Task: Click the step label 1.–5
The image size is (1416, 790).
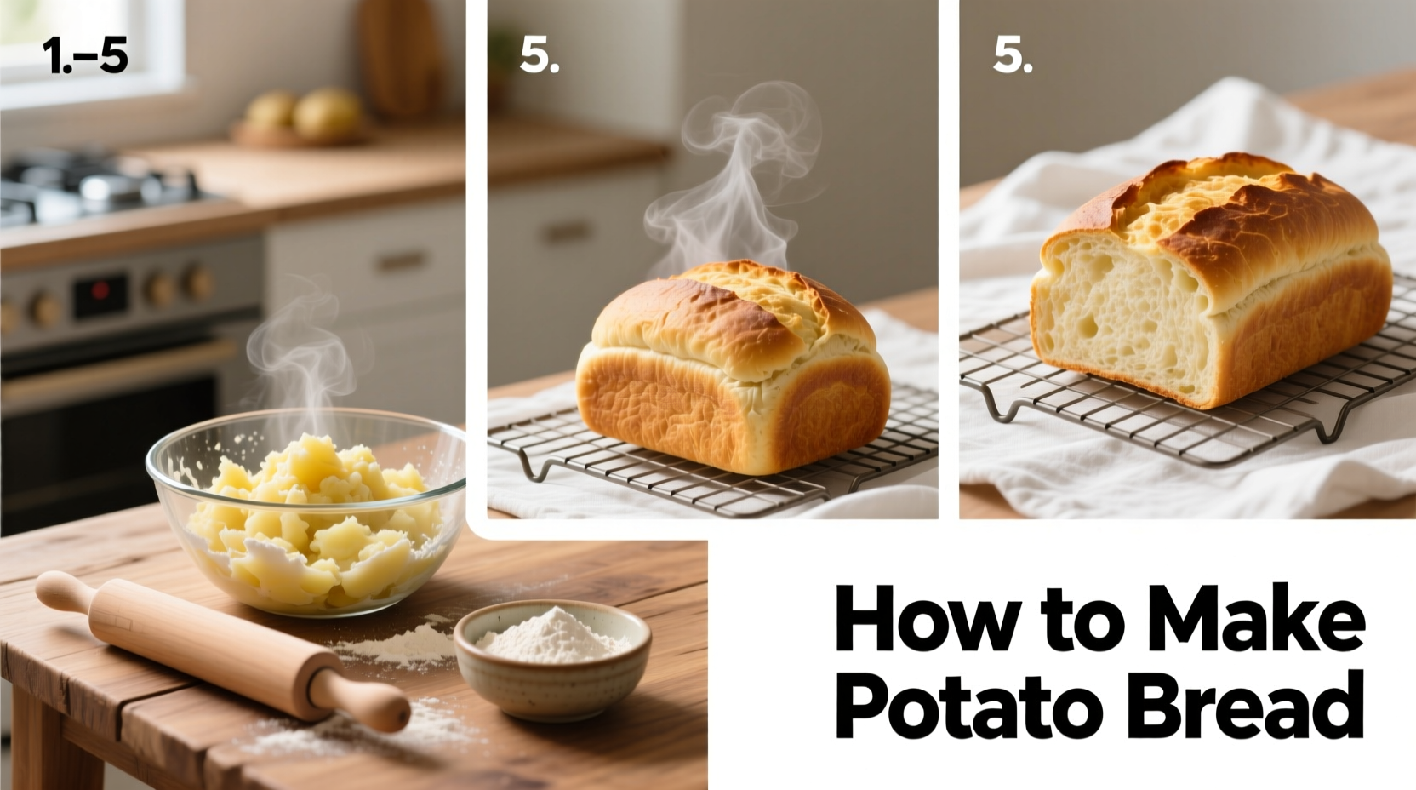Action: [84, 57]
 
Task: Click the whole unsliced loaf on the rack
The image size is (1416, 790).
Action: [732, 375]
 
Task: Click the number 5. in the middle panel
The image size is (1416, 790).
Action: [539, 56]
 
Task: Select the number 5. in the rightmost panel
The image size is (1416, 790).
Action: [1012, 56]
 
